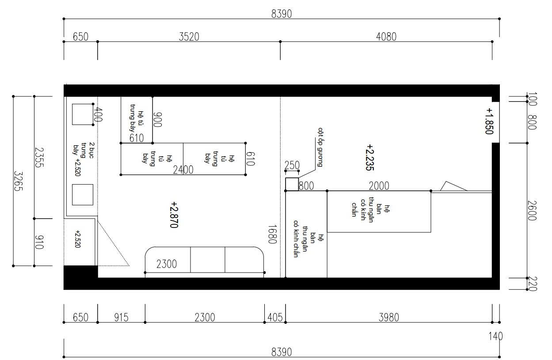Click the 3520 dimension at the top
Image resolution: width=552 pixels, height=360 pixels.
pos(189,37)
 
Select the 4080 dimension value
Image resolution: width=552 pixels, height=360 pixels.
pos(386,37)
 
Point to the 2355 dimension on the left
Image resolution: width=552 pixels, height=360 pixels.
pos(39,157)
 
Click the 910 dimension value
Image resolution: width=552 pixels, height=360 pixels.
pos(39,243)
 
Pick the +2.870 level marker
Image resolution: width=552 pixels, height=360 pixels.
pos(174,215)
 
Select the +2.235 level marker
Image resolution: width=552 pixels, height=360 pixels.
pos(370,157)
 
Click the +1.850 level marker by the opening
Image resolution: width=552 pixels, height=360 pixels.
pos(489,121)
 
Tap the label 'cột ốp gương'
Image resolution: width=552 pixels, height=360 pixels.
pos(320,147)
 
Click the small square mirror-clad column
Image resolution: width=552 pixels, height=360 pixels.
pos(292,184)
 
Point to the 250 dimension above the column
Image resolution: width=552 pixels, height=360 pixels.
pos(292,165)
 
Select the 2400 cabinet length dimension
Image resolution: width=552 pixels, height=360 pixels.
pos(183,170)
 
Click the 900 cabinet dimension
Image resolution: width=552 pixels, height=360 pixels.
pos(157,120)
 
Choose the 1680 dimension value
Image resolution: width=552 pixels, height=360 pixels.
pos(272,234)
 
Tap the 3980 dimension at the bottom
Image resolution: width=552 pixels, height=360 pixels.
pos(388,318)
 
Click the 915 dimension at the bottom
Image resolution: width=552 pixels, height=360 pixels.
pos(121,318)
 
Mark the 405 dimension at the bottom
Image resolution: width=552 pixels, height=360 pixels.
pos(275,318)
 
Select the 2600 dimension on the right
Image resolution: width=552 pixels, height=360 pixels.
pos(532,211)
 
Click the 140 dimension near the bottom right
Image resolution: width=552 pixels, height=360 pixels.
pos(495,336)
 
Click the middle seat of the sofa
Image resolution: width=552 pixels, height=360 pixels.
pos(207,260)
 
